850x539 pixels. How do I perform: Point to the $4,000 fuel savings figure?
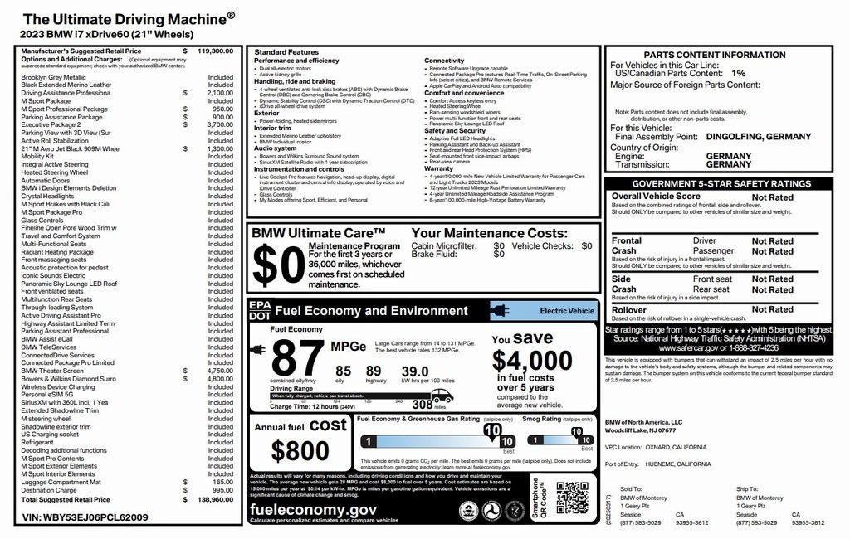[532, 361]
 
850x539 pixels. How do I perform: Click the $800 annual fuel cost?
[300, 450]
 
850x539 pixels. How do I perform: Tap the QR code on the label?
[572, 498]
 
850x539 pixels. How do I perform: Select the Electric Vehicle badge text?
[567, 311]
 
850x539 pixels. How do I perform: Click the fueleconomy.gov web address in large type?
[314, 510]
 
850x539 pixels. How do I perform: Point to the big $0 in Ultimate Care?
[277, 265]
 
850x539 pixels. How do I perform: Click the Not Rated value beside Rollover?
[772, 309]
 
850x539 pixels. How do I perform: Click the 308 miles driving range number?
[423, 405]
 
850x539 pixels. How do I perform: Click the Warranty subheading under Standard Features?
[439, 168]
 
